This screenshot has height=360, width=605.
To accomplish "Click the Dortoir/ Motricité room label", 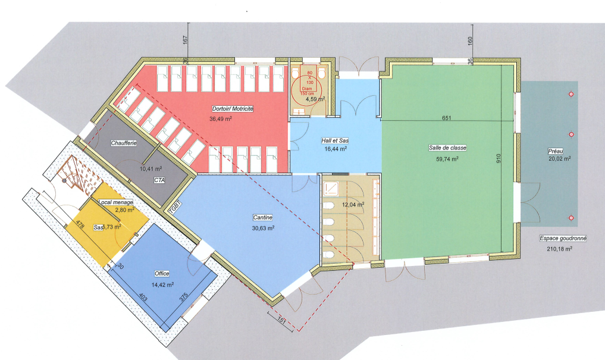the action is pos(233,109).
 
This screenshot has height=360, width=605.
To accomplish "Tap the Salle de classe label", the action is pos(447,148).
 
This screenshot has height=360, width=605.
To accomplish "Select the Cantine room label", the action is pos(263,218).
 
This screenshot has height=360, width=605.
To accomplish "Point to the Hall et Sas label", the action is pos(335,141).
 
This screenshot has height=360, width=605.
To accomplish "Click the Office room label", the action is pos(162,274).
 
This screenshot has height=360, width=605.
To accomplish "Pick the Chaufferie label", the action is pos(124,143).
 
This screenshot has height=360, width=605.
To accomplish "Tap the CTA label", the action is pos(159,180).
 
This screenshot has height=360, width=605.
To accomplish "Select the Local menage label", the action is pos(116,202).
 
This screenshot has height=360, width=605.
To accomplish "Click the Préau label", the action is pos(556,152).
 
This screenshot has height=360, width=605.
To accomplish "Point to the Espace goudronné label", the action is pos(563,239).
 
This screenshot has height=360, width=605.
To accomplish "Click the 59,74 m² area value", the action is pos(447,159).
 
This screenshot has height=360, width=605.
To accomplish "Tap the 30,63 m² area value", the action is pos(263,228).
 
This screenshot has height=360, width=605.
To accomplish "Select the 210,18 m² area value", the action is pos(559,249).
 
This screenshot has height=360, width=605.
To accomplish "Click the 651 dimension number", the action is pos(446,118).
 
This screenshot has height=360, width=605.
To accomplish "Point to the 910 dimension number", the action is pos(499,159).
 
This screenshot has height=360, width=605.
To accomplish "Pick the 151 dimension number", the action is pos(281,320).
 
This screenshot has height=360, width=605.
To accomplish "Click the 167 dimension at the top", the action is pos(185,40).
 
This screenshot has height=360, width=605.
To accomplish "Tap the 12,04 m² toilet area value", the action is pos(353,205).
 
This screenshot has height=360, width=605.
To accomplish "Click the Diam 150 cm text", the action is pos(307,91).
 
